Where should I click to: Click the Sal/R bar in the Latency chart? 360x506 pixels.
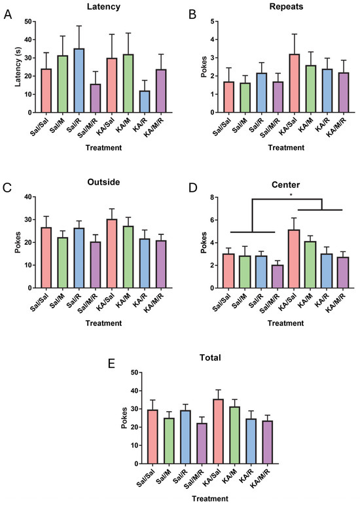(79, 81)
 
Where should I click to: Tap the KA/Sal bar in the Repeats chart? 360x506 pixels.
(294, 83)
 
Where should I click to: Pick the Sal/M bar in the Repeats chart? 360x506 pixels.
(245, 98)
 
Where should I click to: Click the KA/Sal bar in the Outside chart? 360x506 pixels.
(112, 253)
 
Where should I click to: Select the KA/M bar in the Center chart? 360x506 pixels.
(310, 264)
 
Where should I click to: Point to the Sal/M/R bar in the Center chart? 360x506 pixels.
(278, 276)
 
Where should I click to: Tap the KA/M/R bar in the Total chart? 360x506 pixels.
(267, 442)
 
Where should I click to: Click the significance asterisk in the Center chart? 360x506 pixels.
(291, 195)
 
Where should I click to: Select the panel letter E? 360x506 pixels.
(111, 364)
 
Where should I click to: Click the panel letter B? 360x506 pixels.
(192, 14)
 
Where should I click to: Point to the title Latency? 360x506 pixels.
(103, 7)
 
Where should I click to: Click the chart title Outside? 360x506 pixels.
(103, 182)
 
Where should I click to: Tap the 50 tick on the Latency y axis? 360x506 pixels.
(28, 22)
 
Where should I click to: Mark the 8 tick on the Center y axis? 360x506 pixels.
(213, 197)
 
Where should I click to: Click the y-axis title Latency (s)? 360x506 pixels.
(18, 67)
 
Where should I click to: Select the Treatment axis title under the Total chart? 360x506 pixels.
(210, 499)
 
